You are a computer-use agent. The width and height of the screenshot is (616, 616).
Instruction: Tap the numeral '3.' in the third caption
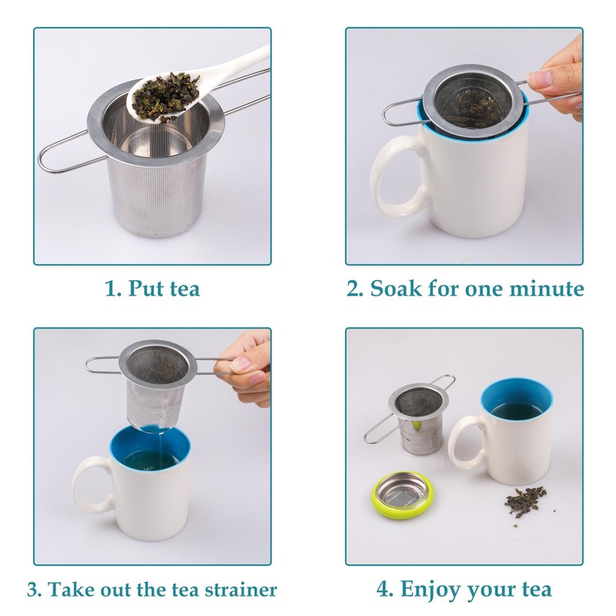click(35, 590)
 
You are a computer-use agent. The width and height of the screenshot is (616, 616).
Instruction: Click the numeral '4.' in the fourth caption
click(386, 590)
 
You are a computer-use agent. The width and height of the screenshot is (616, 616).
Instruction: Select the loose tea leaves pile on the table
click(523, 500)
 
